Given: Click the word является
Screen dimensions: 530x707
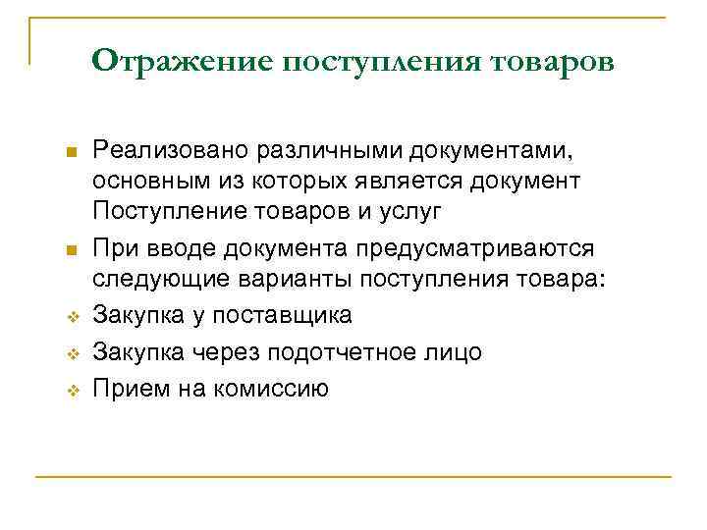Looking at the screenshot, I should point(418,182).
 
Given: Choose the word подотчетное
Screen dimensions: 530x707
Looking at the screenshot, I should point(346,351).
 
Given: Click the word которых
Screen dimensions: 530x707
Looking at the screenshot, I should point(306,182).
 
